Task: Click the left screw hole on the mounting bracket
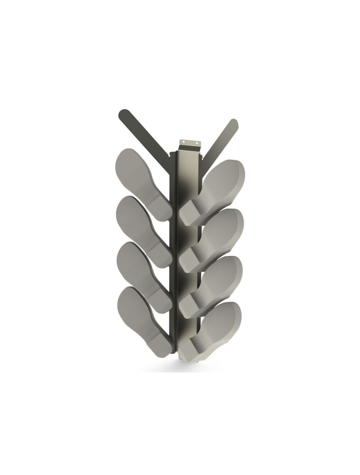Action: (x=183, y=142)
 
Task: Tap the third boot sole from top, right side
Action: (x=212, y=284)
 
